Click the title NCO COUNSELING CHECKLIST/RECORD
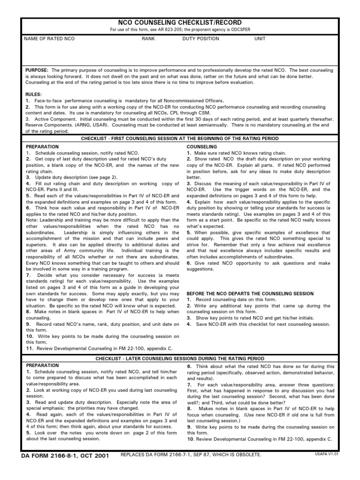180,22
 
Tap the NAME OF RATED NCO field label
49,38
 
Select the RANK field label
148,38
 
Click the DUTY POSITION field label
201,38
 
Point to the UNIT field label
260,38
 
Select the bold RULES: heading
34,94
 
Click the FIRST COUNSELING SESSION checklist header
180,139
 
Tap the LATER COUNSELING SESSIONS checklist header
180,359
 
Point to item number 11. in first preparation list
30,348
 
